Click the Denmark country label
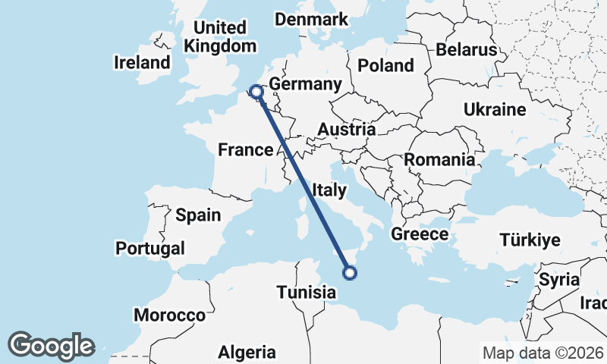pos(311,20)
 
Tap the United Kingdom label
pos(220,37)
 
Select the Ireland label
pos(142,62)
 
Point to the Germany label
pos(302,84)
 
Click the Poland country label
pos(385,65)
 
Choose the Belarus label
pos(466,50)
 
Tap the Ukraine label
pos(495,110)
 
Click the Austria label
pos(346,130)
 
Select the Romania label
pos(439,160)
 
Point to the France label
pos(245,150)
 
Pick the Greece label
pos(420,234)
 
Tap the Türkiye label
pos(530,240)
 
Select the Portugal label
pos(150,248)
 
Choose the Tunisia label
pos(306,292)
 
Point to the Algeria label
pos(247,352)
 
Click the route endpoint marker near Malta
pos(350,273)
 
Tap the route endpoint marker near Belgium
pos(256,93)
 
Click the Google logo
pos(52,346)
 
